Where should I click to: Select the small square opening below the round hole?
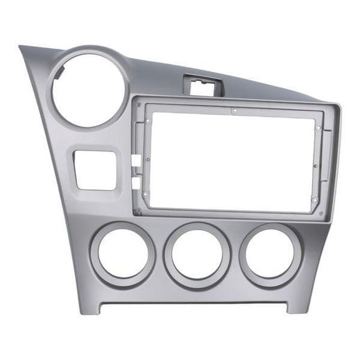pos(95,169)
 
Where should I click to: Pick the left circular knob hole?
pos(123,254)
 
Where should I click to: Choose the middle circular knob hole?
pos(196,255)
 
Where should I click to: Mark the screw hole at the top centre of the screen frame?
pos(234,111)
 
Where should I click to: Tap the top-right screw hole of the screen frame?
pos(318,128)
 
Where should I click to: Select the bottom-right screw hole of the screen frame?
pos(314,201)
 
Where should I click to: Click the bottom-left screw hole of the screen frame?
pos(146,194)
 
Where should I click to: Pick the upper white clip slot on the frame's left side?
pos(135,160)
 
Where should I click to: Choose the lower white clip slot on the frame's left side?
pos(135,183)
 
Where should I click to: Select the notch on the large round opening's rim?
pos(58,73)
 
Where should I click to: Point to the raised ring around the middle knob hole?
pos(196,227)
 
